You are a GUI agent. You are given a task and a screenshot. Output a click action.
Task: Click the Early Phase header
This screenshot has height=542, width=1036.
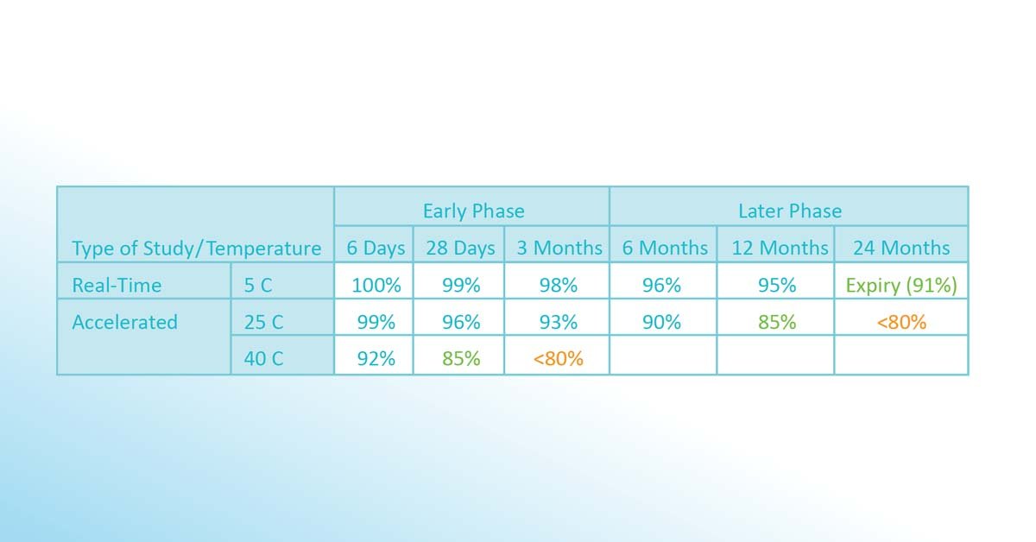474,211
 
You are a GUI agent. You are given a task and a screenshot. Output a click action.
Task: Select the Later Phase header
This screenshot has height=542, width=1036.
790,211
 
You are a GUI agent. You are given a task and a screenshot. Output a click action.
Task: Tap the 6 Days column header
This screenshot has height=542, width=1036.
376,248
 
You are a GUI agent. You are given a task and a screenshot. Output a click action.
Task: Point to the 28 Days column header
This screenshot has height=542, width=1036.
460,248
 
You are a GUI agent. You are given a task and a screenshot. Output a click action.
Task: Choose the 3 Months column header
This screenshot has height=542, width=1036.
559,248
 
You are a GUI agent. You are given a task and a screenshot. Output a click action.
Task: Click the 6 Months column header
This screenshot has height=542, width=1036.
665,248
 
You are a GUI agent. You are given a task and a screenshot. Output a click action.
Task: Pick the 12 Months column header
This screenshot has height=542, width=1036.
780,248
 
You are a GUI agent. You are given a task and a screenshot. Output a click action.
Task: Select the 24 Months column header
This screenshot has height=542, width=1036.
901,248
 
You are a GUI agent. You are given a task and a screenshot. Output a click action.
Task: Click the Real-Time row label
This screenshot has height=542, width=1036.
117,285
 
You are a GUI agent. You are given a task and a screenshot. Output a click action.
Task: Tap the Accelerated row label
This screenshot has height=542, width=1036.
124,322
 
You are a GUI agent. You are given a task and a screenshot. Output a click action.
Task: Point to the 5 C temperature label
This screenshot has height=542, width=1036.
257,285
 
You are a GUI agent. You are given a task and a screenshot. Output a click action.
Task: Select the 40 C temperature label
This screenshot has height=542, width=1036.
263,358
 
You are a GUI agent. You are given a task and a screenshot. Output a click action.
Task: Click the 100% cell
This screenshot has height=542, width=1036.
376,285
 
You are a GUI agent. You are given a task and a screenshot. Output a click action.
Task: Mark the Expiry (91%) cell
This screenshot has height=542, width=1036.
901,286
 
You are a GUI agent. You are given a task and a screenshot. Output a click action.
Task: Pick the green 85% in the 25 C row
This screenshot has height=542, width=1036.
777,322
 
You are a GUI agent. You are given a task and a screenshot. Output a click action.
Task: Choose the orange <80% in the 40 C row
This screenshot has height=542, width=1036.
559,358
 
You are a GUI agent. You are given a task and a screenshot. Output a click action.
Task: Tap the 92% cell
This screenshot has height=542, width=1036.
376,358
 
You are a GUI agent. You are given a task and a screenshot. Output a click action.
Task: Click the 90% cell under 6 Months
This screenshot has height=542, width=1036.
661,322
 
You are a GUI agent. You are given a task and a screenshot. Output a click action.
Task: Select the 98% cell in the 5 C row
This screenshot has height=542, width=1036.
559,285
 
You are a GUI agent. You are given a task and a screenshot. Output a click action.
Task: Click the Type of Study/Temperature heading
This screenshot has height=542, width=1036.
197,249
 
